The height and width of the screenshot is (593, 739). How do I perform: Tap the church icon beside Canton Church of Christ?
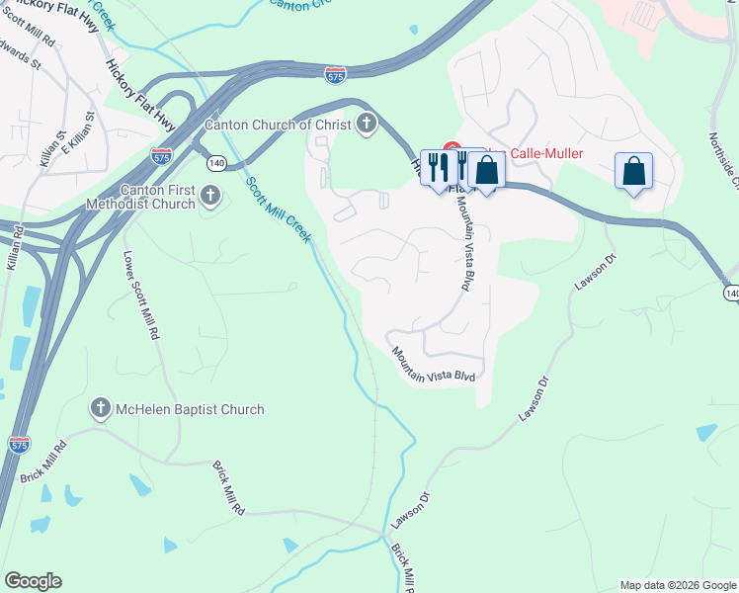click(367, 125)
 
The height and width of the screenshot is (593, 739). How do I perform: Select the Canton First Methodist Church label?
click(159, 197)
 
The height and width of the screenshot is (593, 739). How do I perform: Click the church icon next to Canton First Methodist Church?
click(209, 197)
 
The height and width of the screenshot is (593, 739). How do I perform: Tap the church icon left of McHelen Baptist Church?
click(100, 408)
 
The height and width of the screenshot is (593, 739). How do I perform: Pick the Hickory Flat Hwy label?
click(140, 95)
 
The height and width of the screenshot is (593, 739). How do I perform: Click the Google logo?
click(33, 581)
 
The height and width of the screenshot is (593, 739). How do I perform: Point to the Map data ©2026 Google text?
click(678, 585)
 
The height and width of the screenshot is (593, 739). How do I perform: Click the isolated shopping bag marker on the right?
click(633, 171)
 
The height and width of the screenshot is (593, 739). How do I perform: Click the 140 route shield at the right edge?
click(731, 294)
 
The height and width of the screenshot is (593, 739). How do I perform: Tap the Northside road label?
click(724, 159)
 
